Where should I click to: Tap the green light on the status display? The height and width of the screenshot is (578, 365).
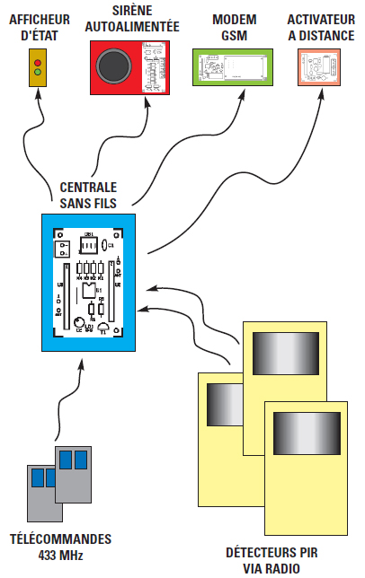tap(37, 72)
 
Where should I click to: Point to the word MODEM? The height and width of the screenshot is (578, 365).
tap(228, 18)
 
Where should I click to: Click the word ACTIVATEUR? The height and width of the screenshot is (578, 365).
tap(320, 18)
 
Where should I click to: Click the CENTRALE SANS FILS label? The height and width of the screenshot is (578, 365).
tap(87, 195)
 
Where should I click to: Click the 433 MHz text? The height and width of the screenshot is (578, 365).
tap(59, 556)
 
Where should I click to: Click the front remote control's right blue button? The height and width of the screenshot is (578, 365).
tap(79, 460)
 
